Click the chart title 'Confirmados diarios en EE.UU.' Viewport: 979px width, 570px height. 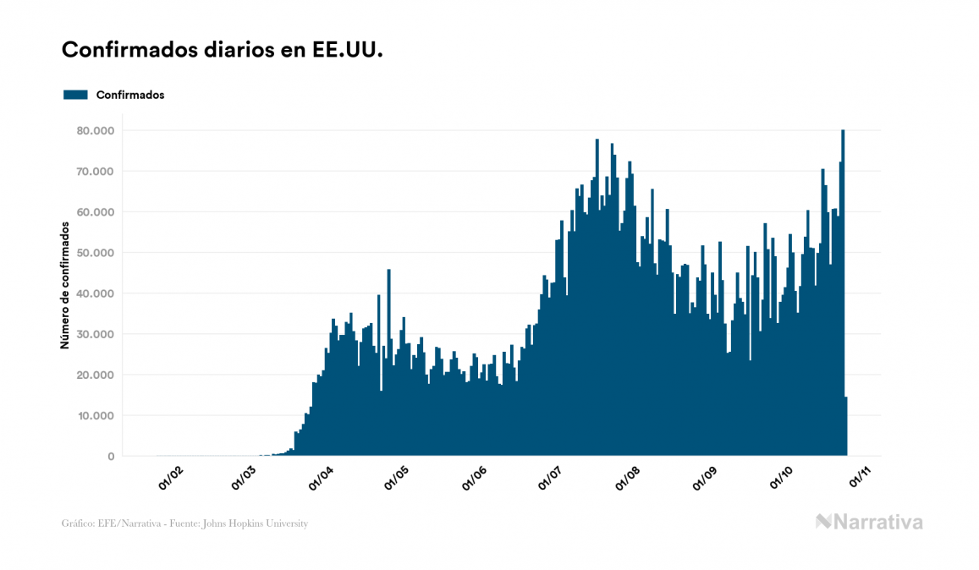[x=223, y=50]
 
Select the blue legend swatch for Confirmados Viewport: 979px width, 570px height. [x=75, y=95]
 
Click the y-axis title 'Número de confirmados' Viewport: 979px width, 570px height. [x=65, y=285]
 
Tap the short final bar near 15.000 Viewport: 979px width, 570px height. [x=846, y=427]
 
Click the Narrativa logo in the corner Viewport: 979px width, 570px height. [x=869, y=522]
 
